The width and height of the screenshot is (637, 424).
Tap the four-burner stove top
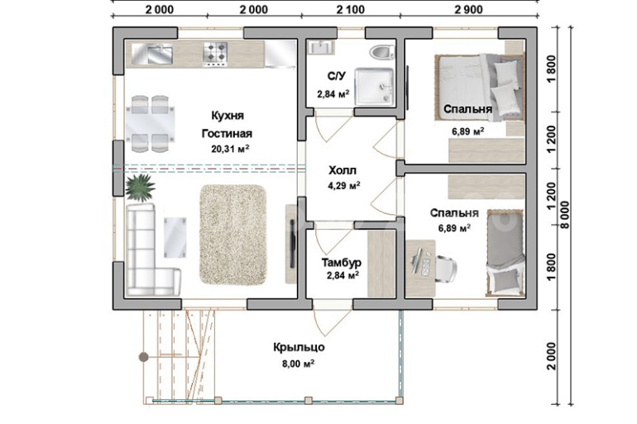(215, 55)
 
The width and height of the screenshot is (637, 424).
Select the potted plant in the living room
(140, 188)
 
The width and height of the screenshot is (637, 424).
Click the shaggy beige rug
(232, 235)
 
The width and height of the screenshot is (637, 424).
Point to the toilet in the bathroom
(382, 52)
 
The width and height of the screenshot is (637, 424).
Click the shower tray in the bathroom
(374, 87)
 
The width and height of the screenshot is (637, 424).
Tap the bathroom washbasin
(320, 47)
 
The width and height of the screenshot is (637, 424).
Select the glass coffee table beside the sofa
(175, 237)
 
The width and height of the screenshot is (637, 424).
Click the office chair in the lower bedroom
(446, 269)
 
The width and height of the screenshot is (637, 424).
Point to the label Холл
(342, 169)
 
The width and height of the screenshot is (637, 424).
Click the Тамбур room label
(341, 263)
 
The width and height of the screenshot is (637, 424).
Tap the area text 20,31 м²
(230, 149)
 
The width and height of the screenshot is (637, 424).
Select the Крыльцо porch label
(299, 347)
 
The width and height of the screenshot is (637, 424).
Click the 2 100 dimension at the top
(350, 9)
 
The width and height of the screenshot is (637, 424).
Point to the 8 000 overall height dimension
(566, 215)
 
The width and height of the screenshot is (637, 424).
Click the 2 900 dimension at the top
(468, 9)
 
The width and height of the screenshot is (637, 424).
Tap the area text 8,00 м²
(299, 364)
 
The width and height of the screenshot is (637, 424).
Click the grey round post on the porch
(143, 357)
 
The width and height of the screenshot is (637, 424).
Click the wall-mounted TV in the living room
(292, 244)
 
